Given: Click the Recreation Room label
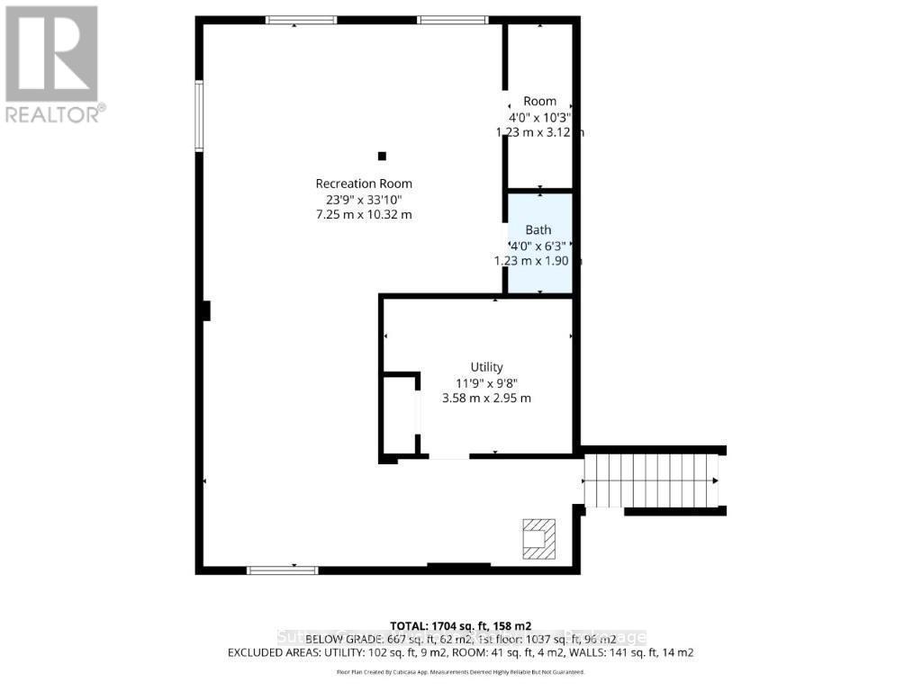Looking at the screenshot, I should pos(364,184).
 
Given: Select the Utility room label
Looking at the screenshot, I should pos(486,367).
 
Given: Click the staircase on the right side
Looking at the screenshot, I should pos(651,480).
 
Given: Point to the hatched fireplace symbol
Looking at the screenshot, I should pos(538,538).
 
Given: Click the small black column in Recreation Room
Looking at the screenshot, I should pos(382,155).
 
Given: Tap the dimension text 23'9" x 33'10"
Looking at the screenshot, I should pos(364,199).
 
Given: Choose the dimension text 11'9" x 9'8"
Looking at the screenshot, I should pos(486,382).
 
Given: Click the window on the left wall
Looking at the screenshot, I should pos(199,114).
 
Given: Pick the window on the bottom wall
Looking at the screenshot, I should pos(283,569).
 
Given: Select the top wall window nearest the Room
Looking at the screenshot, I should pos(452,20).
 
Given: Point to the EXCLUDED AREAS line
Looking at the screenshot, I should pos(460,652).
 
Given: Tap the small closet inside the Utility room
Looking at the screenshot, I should pos(399,414).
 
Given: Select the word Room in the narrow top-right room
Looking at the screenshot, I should pos(539,102).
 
